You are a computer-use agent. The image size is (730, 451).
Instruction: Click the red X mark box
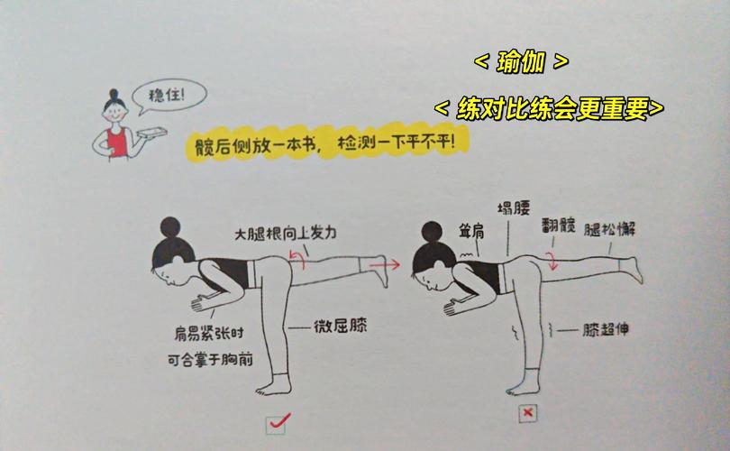tap(528, 413)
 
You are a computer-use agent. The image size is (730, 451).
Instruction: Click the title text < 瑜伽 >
tap(521, 62)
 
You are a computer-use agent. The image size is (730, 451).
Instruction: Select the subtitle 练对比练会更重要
tap(549, 108)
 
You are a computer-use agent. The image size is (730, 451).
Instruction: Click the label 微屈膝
tap(337, 327)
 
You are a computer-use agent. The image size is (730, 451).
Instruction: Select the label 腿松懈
tap(610, 229)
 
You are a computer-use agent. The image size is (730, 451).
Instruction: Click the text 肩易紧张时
tap(203, 332)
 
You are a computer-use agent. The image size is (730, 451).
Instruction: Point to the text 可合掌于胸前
tap(209, 359)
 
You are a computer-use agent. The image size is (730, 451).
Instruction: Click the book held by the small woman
tap(150, 133)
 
